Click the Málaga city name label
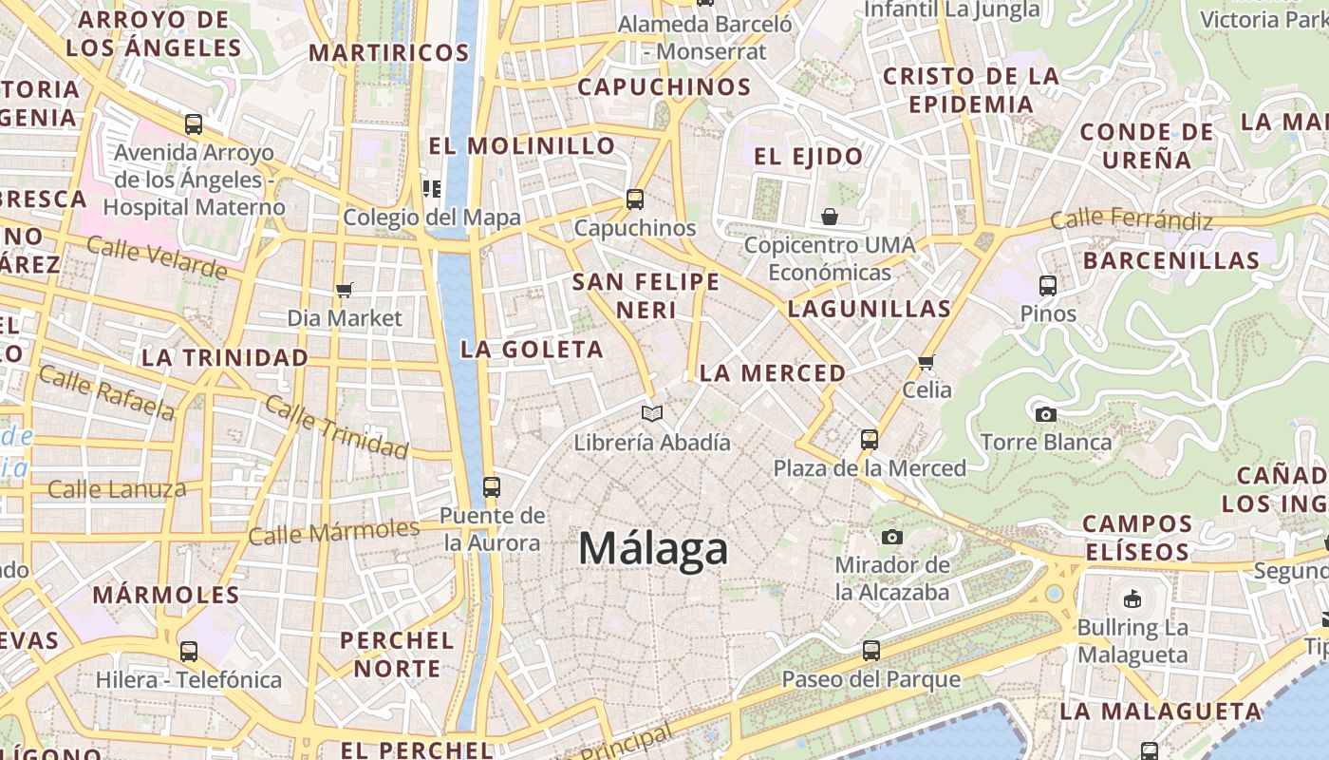(653, 549)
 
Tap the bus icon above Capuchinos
(635, 199)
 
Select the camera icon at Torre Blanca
(1046, 414)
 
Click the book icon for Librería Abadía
(651, 413)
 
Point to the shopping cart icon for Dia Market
(345, 290)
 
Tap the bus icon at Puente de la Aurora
(491, 486)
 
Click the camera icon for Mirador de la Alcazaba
(891, 537)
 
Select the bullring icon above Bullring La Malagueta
(1132, 598)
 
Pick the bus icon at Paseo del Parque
(870, 651)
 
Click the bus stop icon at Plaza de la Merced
(870, 439)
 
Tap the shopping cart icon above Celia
(927, 361)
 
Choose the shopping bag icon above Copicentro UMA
(830, 217)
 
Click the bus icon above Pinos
(1048, 285)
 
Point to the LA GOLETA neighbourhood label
(532, 350)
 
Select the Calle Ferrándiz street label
(1132, 220)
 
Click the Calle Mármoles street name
(333, 531)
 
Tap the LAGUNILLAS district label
(869, 309)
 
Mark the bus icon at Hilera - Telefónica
(189, 651)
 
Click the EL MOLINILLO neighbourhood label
(522, 146)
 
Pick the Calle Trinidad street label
(335, 426)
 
